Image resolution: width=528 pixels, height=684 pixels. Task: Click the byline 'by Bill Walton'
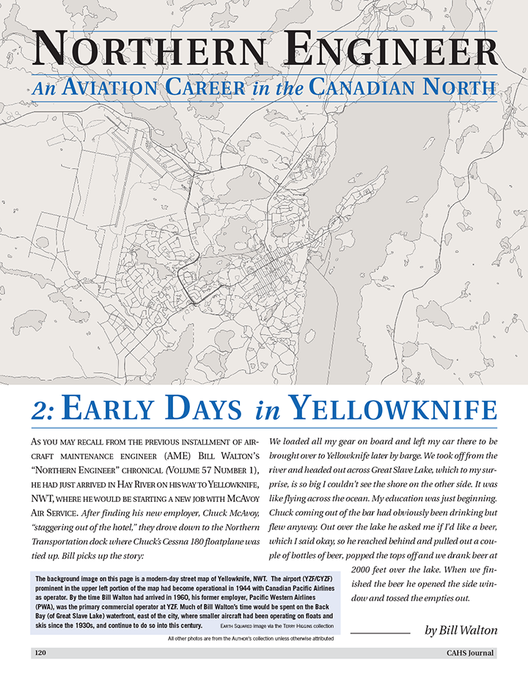[x=461, y=630]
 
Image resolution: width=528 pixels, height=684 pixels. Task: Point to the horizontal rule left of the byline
[x=380, y=632]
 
